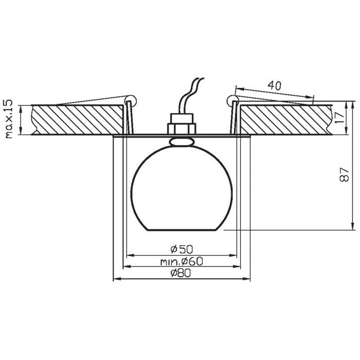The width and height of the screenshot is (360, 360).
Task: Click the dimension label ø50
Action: [182, 249]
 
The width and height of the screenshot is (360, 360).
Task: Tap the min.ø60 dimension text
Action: [182, 261]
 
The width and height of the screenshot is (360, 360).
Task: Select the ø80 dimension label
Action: [181, 273]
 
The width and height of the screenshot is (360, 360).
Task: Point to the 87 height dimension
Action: [344, 175]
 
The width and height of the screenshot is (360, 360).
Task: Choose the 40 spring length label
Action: [275, 85]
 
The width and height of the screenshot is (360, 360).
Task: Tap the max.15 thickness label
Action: [9, 119]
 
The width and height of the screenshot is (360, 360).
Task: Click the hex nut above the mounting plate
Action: [182, 129]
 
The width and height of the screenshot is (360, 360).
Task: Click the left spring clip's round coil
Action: [130, 100]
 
